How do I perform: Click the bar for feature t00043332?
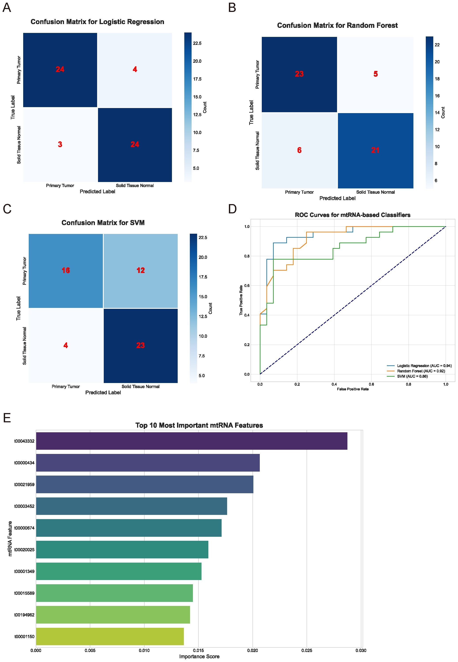coord(191,441)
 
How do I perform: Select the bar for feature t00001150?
coord(110,636)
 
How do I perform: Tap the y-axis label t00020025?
coord(25,550)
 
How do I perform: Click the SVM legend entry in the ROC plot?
coord(412,376)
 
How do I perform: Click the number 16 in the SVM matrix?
coord(66,270)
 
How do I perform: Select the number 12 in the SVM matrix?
coord(141,270)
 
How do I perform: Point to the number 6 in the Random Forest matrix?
coord(299,150)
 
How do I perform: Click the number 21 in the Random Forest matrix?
coord(375,150)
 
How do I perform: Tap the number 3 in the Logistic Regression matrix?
coord(60,144)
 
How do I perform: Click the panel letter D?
coord(232,209)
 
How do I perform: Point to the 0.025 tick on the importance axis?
coord(307,651)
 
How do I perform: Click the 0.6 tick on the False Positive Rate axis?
coord(371,384)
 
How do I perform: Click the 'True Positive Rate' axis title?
coord(241,300)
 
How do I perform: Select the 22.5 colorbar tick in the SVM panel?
coord(203,237)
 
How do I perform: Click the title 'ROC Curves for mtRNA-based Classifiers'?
coord(352,215)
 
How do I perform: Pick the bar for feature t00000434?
coord(148,463)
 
